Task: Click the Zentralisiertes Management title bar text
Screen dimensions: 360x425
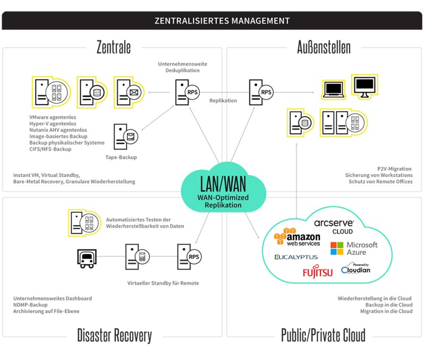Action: [x=222, y=21]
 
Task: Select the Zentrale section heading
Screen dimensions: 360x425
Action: [x=113, y=47]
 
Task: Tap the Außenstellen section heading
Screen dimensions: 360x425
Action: [x=324, y=47]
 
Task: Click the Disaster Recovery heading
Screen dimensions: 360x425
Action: [x=114, y=335]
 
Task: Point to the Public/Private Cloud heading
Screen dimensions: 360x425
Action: [x=323, y=335]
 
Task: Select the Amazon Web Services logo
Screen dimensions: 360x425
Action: [x=297, y=236]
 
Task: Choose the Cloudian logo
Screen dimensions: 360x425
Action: [x=355, y=269]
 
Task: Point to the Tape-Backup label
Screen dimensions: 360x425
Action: [x=121, y=157]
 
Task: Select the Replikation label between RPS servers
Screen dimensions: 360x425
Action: [x=223, y=100]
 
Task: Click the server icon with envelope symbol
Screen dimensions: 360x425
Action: [x=128, y=92]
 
